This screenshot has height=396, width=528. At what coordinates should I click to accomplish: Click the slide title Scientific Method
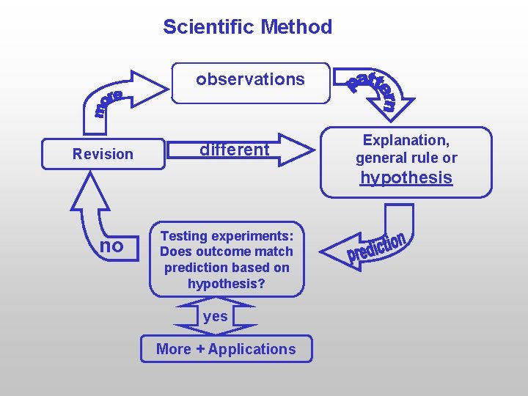(x=247, y=27)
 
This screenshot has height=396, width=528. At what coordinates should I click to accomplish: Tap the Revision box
(x=103, y=154)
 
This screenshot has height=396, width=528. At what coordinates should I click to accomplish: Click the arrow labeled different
(x=249, y=150)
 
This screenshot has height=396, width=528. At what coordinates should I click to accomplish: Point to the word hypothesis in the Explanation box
(x=406, y=177)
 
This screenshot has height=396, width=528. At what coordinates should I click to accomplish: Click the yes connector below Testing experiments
(x=216, y=317)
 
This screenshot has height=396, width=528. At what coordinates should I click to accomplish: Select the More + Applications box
(x=226, y=349)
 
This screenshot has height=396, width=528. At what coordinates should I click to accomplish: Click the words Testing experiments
(x=227, y=236)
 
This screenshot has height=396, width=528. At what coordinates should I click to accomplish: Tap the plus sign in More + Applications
(x=199, y=350)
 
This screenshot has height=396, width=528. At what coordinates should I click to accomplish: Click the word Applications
(x=252, y=349)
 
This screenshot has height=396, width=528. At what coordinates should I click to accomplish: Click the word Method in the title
(x=296, y=27)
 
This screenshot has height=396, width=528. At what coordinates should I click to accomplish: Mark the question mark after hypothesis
(x=262, y=284)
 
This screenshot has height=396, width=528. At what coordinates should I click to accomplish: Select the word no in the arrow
(x=111, y=246)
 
